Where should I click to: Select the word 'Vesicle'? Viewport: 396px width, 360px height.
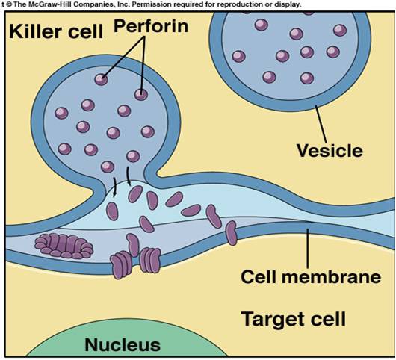330,150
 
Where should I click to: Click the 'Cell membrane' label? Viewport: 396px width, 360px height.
311,276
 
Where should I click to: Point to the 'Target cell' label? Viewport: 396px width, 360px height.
293,320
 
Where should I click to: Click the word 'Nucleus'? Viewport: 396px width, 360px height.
123,344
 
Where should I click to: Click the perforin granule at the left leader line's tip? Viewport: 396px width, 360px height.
100,78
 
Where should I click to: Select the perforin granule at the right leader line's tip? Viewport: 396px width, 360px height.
140,93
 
